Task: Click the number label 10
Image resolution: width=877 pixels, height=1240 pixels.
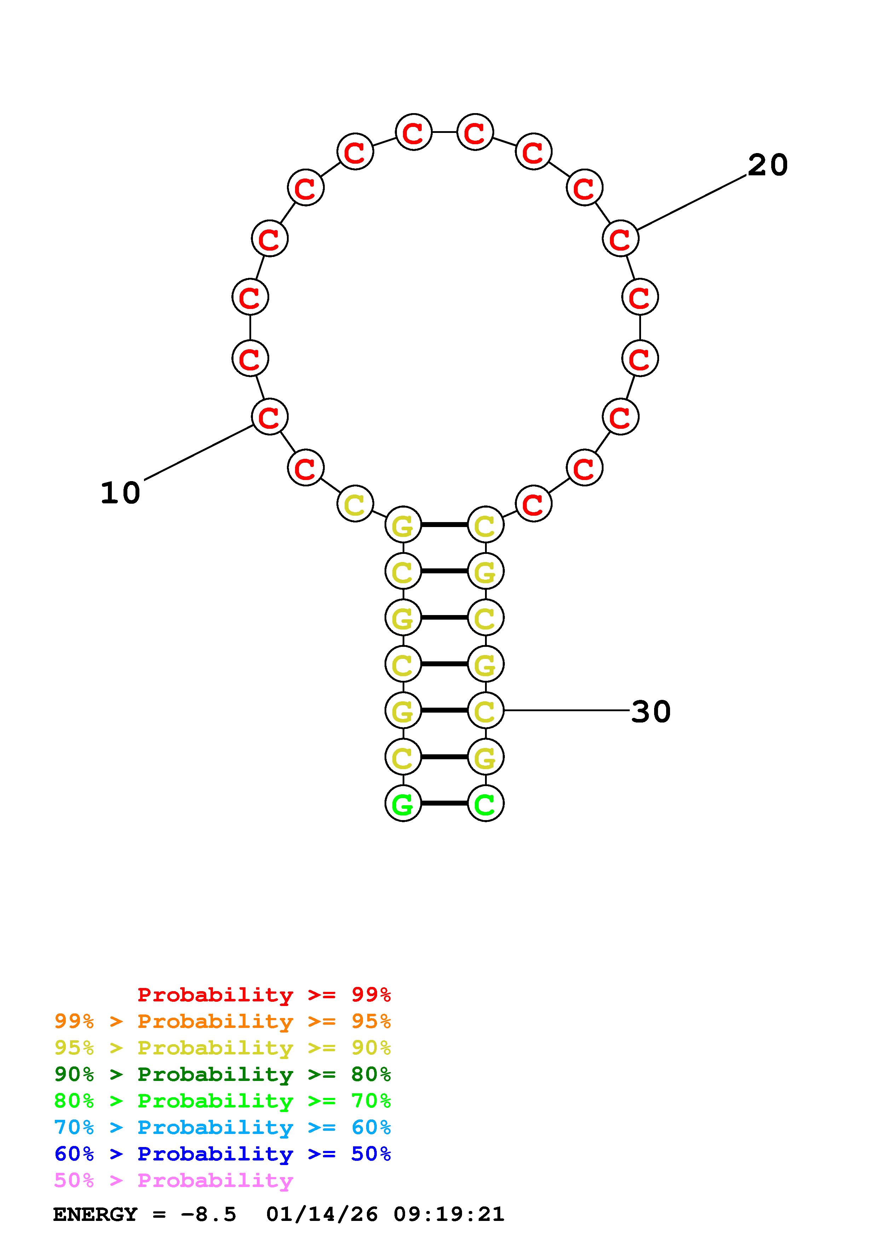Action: tap(121, 493)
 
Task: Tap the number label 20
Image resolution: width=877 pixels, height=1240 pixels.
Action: tap(768, 165)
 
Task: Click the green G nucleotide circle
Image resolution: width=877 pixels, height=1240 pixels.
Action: tap(403, 803)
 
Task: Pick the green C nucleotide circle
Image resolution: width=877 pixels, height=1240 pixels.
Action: tap(485, 803)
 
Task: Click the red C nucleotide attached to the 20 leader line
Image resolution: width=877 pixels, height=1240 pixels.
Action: tap(620, 239)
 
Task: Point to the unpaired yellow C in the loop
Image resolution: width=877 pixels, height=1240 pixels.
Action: tap(355, 504)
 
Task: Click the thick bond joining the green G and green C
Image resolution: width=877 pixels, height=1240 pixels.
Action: tap(444, 803)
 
